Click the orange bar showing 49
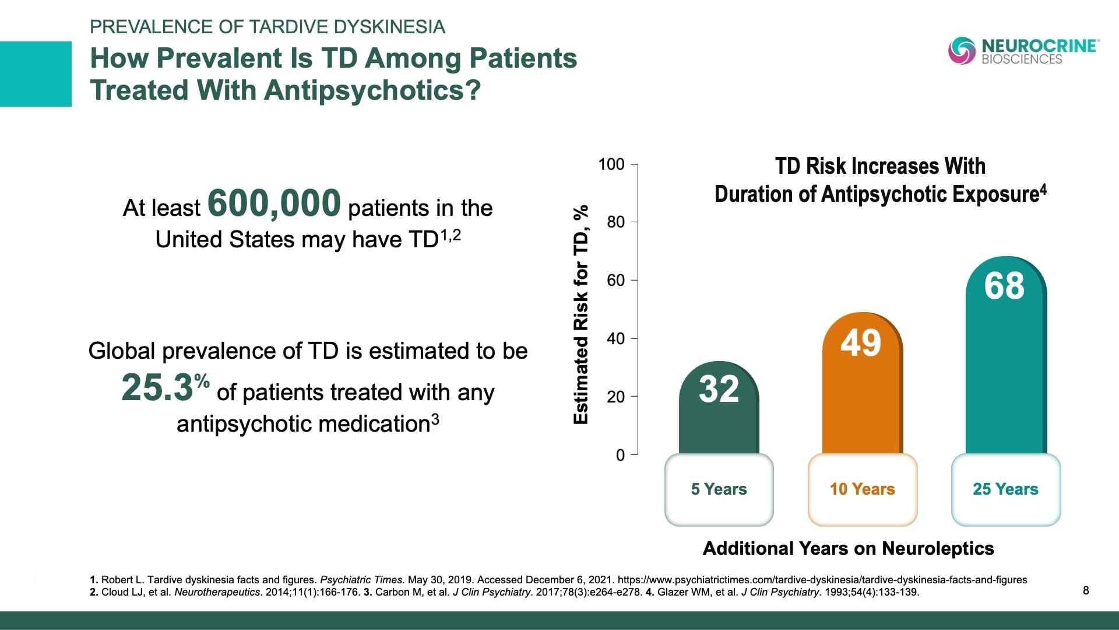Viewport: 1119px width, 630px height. tap(862, 385)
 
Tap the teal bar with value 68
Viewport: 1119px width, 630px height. tap(1005, 356)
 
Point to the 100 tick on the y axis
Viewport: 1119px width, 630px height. tap(611, 164)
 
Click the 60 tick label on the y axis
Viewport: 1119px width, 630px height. tap(615, 281)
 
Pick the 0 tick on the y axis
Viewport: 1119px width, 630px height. tap(620, 455)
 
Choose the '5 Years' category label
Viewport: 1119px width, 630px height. tap(719, 489)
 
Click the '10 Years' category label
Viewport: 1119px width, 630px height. tap(862, 489)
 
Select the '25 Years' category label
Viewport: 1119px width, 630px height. tap(1005, 489)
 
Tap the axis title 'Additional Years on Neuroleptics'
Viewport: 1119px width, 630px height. tap(848, 548)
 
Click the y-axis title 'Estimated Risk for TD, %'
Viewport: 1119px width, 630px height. tap(581, 315)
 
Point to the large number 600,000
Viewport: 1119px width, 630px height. tap(274, 203)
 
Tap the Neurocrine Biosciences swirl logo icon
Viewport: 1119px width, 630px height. tap(962, 51)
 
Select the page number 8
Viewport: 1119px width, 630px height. tap(1086, 590)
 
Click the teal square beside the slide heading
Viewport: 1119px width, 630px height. tap(36, 74)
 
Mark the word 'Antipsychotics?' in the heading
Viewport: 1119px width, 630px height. tap(372, 90)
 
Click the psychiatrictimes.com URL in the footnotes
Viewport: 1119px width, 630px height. tap(822, 580)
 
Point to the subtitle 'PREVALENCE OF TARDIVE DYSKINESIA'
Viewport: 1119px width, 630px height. tap(268, 27)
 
